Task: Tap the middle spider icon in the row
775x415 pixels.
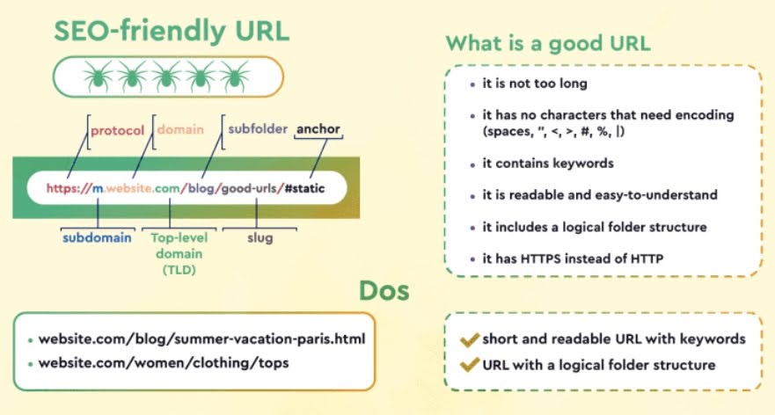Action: (168, 76)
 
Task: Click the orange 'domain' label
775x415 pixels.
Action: (180, 130)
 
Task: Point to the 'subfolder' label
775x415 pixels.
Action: (258, 129)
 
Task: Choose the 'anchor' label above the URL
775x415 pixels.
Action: (318, 129)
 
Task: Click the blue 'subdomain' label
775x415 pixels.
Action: (96, 237)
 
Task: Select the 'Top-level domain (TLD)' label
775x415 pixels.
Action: (178, 252)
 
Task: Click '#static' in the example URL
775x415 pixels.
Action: (311, 188)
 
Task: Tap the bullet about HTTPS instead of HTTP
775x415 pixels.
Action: (572, 258)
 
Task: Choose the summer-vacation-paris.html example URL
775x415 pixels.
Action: (201, 339)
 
